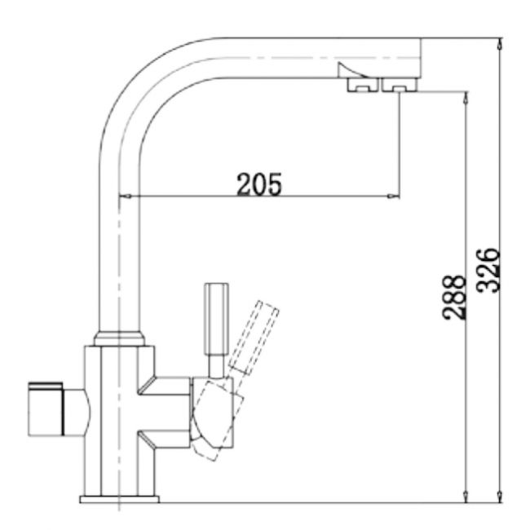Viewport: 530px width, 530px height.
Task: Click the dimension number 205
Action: pos(259,184)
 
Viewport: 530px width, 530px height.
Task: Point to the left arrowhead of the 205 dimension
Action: pos(125,196)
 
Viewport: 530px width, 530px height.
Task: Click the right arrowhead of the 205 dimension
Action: pos(394,196)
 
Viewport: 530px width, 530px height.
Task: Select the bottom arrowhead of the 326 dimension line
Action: pos(498,497)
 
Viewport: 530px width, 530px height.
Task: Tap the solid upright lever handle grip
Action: pos(216,310)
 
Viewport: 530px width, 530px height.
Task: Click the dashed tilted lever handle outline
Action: pos(254,334)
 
